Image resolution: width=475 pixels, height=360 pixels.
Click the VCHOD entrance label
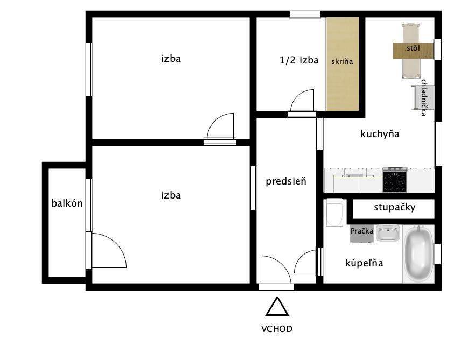point(277,329)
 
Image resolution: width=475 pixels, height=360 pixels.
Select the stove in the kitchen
point(394,180)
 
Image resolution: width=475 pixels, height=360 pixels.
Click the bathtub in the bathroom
point(418,253)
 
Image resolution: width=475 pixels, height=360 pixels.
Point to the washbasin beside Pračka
point(388,233)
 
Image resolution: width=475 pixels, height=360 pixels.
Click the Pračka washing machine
point(362,234)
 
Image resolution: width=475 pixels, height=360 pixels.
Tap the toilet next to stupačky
point(334,212)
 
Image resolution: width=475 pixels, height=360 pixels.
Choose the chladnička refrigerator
point(423,97)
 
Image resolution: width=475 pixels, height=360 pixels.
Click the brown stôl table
point(413,51)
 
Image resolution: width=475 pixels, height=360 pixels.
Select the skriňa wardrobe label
point(342,61)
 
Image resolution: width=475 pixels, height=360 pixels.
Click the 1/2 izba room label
point(299,60)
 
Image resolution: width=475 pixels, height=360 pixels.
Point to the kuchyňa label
point(380,134)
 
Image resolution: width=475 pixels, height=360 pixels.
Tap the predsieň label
point(286,181)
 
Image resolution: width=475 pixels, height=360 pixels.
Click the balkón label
point(67,203)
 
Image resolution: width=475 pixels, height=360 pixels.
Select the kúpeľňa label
point(364,263)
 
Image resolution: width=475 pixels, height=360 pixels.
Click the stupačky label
point(394,207)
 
